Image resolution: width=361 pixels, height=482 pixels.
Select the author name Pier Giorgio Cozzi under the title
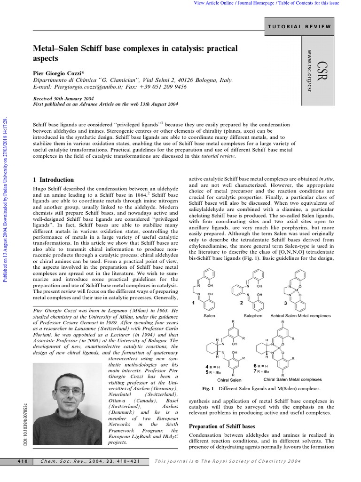click(58, 73)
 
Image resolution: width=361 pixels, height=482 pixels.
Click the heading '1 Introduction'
click(54, 180)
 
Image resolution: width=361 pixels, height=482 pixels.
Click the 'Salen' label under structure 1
click(209, 316)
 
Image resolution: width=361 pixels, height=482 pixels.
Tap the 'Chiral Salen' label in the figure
click(229, 380)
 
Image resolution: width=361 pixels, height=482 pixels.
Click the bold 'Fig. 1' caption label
click(208, 389)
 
